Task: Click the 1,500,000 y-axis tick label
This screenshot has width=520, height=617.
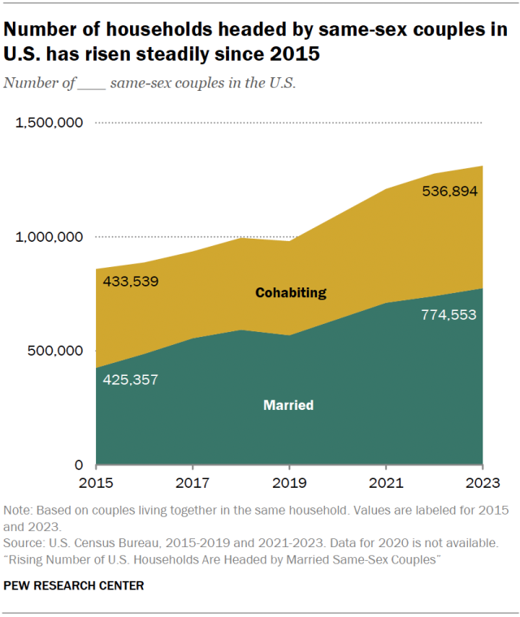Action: click(x=50, y=123)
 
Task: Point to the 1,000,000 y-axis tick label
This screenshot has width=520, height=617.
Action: click(x=50, y=237)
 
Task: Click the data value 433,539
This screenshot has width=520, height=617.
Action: click(x=130, y=282)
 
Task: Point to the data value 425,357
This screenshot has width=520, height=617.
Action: click(x=130, y=379)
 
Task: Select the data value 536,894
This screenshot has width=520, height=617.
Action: click(x=449, y=192)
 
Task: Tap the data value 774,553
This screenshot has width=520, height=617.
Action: click(x=449, y=315)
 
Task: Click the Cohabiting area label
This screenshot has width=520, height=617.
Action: click(x=291, y=292)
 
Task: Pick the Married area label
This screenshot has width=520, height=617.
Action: click(x=288, y=404)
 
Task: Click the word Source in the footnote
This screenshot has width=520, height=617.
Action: click(x=24, y=541)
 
